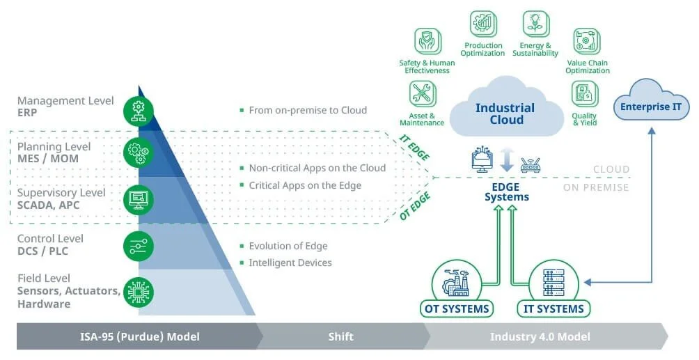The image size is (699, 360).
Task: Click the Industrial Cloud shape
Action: tap(505, 114)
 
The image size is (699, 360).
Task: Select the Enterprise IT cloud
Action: tap(651, 107)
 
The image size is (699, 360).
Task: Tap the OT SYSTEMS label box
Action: tap(457, 308)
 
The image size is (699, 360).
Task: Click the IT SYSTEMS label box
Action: tap(553, 308)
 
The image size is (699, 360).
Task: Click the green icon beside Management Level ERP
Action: tap(139, 109)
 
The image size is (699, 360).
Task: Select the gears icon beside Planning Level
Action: tap(139, 152)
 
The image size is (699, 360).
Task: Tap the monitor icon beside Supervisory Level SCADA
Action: tap(139, 199)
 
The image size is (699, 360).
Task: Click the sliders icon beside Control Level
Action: tap(139, 246)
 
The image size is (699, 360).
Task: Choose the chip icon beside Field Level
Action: tap(139, 292)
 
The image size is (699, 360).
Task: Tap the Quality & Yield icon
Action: tap(584, 94)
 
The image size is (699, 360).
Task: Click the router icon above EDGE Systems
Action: tap(531, 166)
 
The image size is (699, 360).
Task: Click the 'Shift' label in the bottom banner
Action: tap(341, 337)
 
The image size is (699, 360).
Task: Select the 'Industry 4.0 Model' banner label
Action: tap(540, 337)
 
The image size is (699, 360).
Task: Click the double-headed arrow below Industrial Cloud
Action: tap(507, 159)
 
